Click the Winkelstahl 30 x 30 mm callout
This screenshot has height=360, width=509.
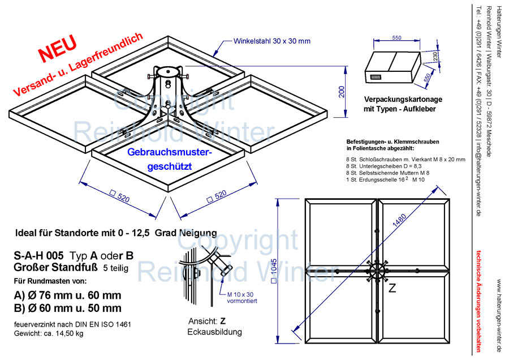(272, 41)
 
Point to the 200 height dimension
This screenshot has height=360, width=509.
(341, 92)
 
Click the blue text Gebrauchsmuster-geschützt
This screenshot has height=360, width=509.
(169, 160)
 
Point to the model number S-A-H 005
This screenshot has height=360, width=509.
(38, 255)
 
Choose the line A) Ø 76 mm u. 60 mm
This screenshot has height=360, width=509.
(67, 295)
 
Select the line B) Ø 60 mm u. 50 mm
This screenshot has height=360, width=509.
(67, 308)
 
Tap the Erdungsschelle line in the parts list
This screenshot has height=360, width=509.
(385, 179)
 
